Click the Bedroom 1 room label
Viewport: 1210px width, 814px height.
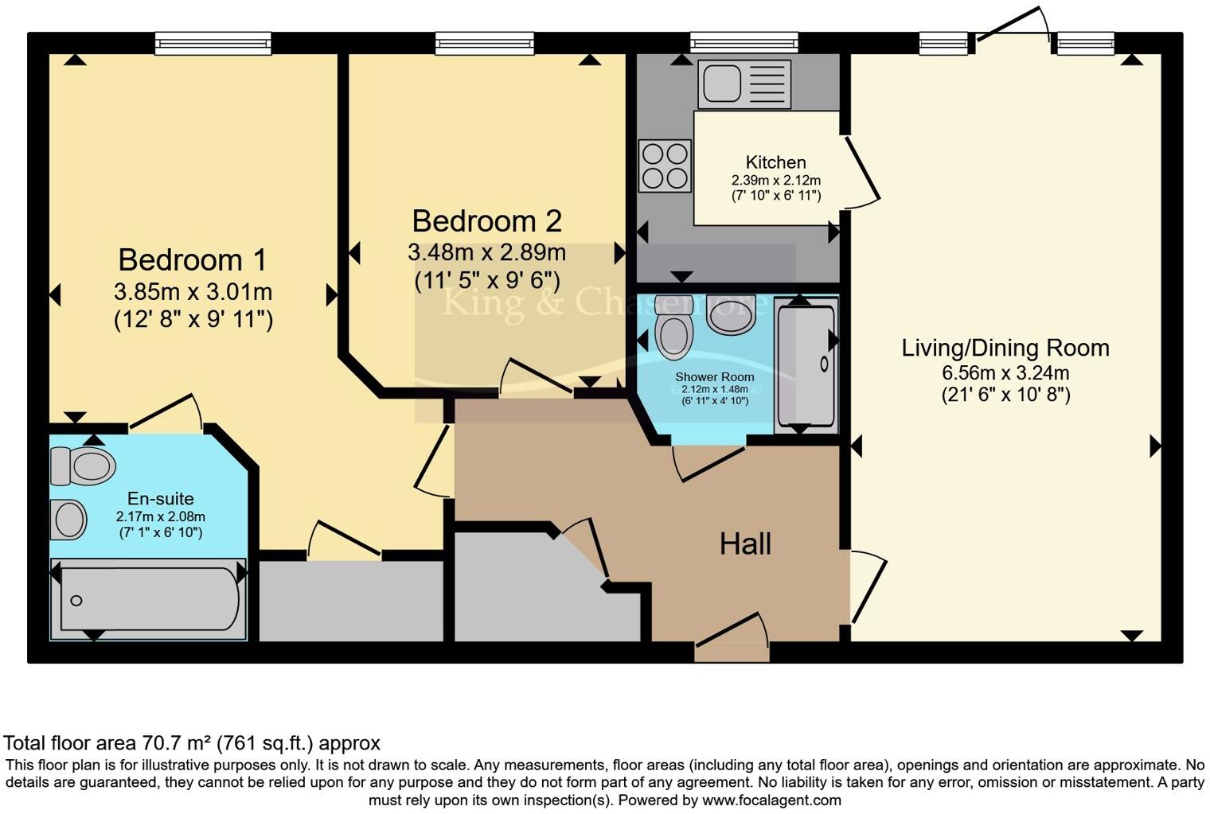point(193,260)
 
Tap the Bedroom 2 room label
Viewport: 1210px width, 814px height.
point(486,220)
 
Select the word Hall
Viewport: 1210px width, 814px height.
point(745,544)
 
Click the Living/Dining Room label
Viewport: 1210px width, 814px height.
point(1005,348)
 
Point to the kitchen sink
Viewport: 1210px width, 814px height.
point(744,84)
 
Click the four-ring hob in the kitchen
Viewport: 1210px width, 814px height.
point(665,166)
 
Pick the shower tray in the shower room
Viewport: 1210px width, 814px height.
point(806,366)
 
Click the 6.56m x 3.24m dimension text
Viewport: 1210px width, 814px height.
point(1005,372)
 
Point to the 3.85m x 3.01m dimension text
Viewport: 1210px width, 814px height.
point(193,292)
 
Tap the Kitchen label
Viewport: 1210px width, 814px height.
point(775,162)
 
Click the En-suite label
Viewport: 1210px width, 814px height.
point(161,499)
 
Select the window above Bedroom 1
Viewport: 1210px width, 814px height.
point(213,43)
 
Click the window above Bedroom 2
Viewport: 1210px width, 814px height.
point(484,43)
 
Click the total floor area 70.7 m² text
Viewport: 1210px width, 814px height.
point(192,743)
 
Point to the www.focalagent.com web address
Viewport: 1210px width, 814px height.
point(771,800)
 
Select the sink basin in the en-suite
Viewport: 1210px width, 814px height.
point(68,520)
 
